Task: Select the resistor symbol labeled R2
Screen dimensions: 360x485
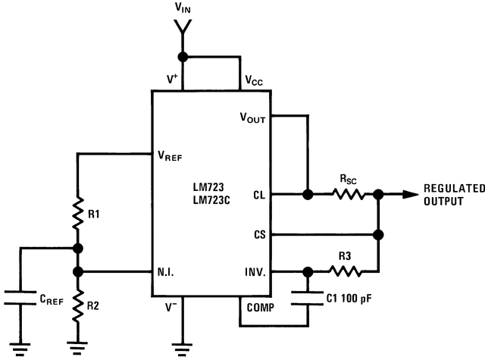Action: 78,305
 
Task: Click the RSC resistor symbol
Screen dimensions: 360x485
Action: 349,195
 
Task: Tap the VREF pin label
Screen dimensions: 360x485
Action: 174,156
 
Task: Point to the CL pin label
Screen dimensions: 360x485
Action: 258,195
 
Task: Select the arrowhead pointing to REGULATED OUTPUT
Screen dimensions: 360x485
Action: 409,195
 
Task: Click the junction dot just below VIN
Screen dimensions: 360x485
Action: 182,57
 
